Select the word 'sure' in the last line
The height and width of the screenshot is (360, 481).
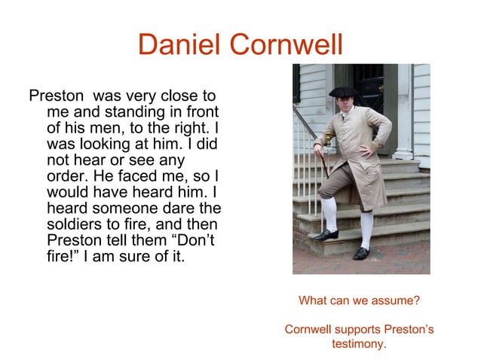pos(125,255)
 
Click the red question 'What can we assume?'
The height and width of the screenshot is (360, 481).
pos(359,301)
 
